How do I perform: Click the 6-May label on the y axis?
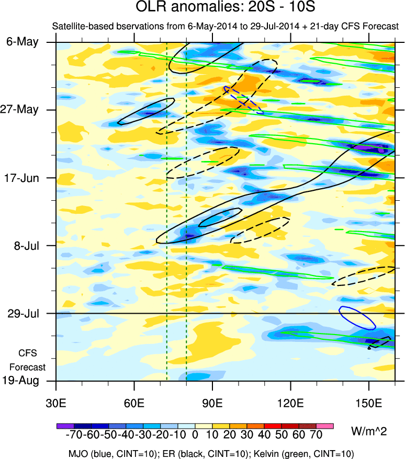22,42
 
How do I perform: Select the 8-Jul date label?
24,245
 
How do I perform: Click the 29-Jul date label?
22,313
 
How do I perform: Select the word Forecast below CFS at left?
28,367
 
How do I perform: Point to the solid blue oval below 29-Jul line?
357,318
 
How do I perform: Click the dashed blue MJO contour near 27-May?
244,100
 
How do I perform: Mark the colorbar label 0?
195,435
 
